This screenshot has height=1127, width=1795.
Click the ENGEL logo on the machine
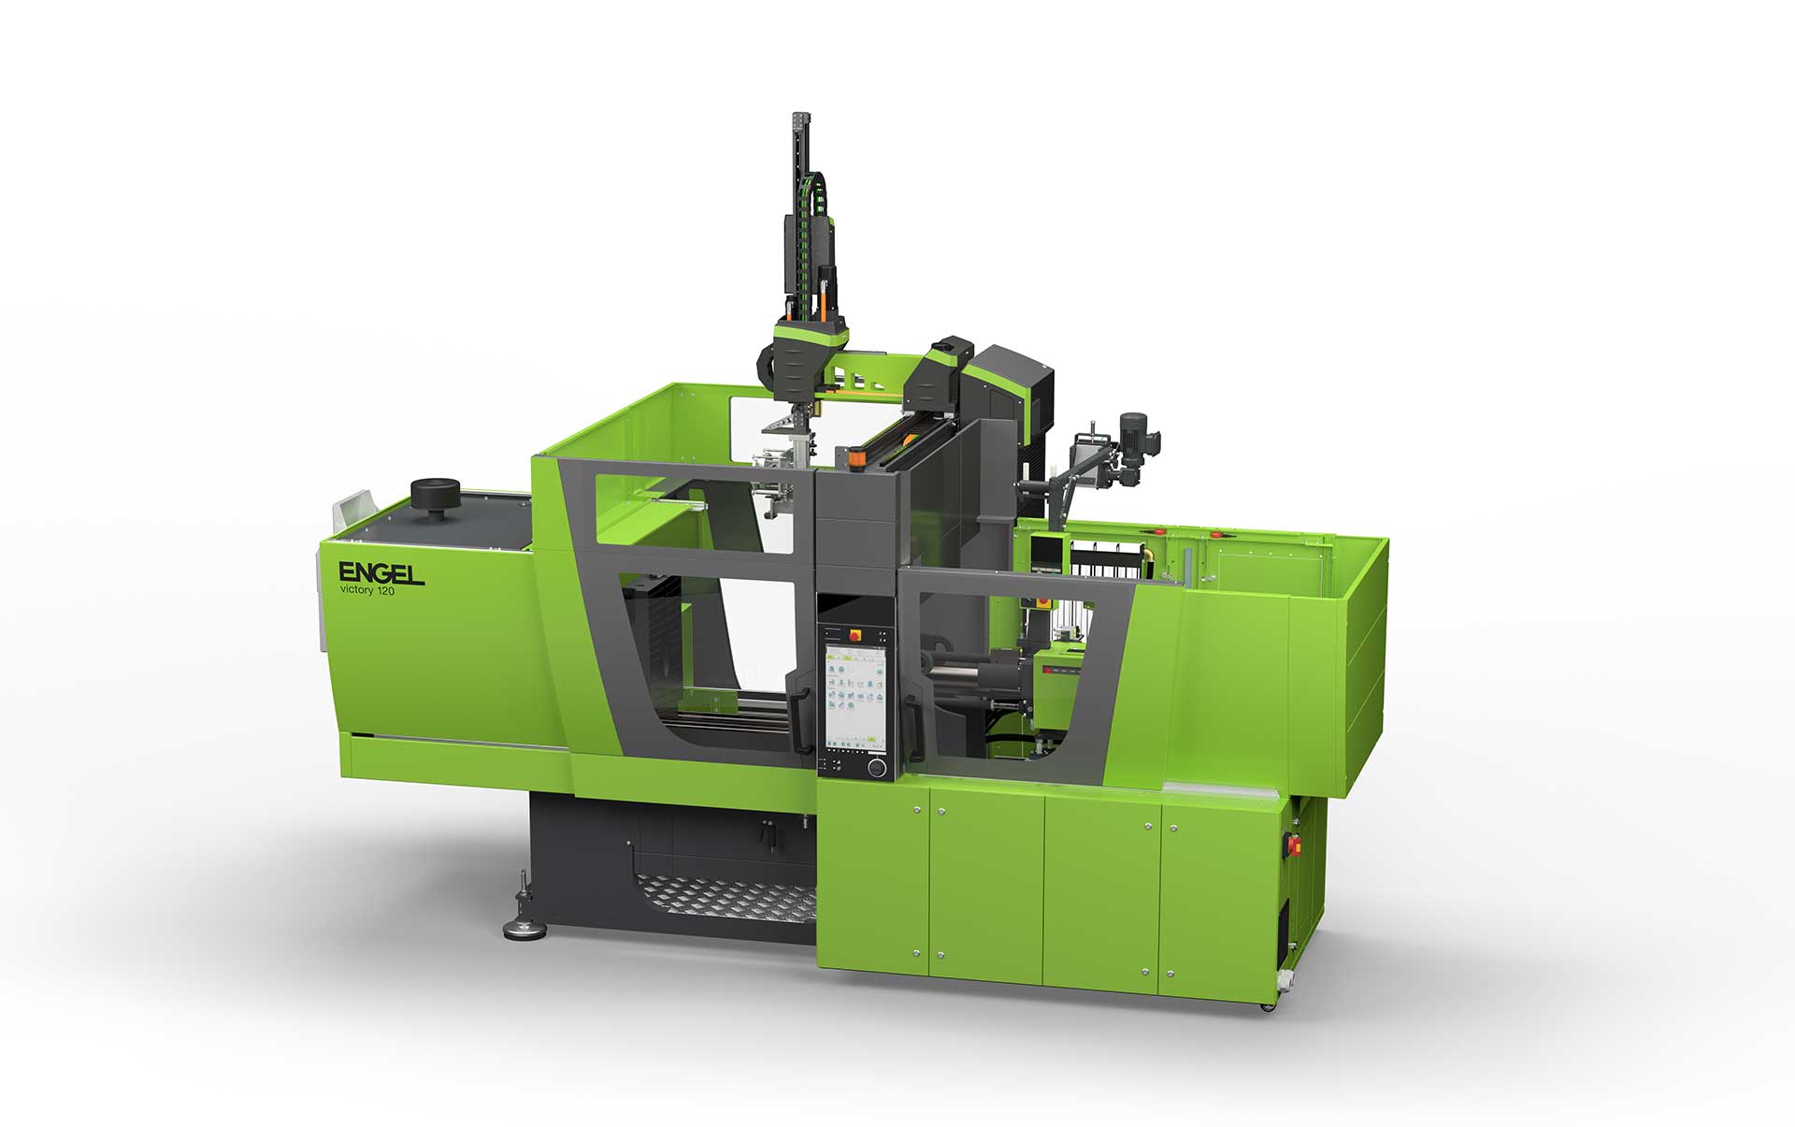[x=381, y=572]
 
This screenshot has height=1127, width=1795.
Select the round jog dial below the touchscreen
[x=876, y=767]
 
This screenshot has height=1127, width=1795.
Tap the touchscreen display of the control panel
[x=854, y=696]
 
